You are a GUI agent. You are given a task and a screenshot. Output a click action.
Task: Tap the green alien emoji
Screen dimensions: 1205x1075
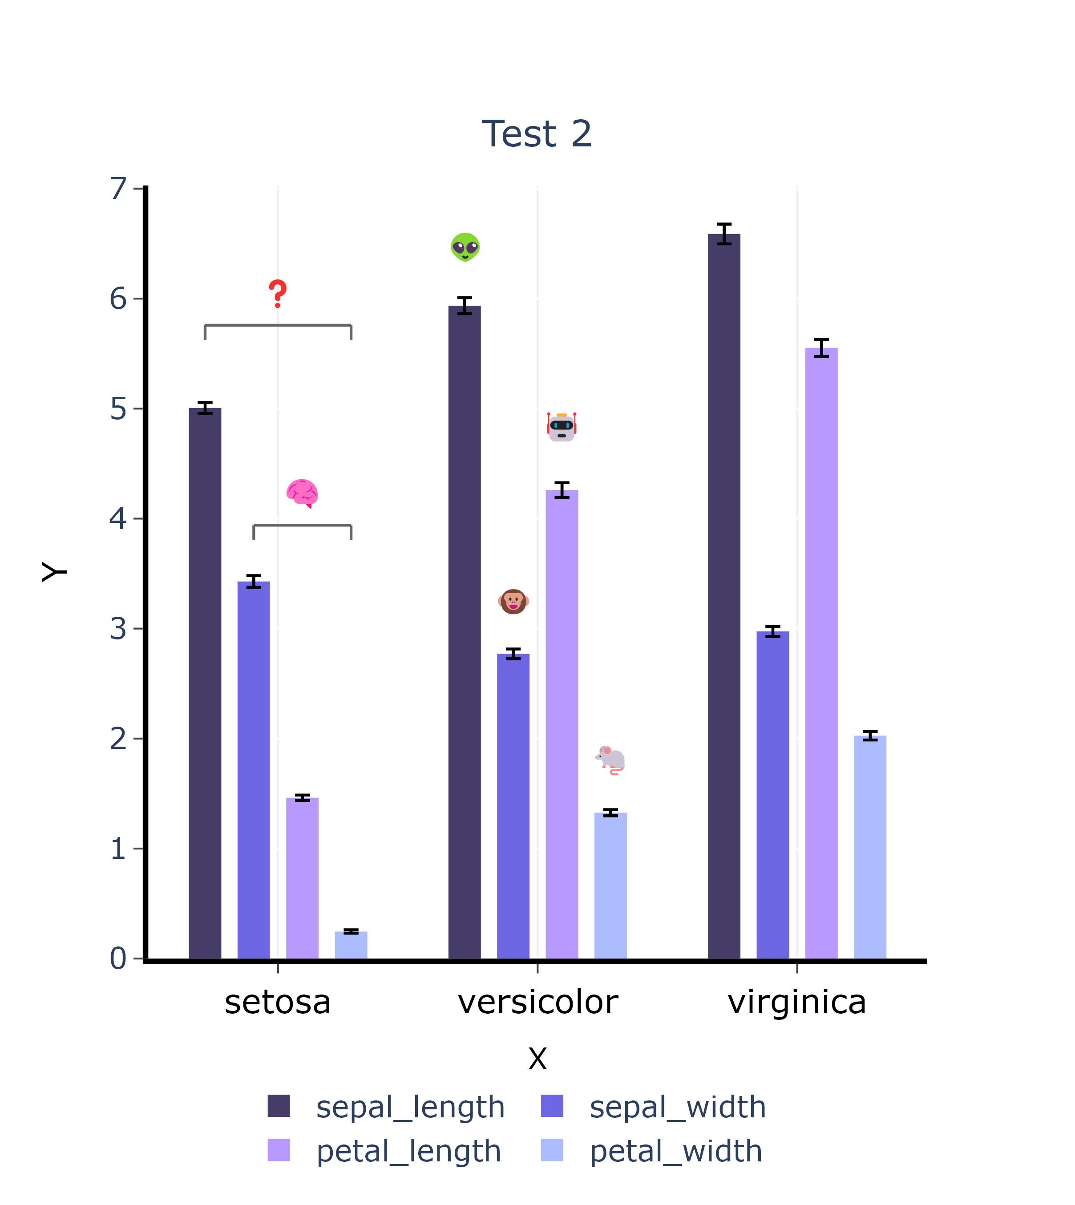pos(465,247)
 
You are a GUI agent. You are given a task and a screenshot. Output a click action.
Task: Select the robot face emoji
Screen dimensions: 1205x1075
pos(561,427)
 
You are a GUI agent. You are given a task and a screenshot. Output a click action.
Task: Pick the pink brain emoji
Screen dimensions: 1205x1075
pos(303,493)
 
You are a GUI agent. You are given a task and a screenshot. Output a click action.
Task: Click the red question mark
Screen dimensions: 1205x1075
pos(278,294)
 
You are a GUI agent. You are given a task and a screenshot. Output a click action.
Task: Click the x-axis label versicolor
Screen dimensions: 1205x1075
pos(537,1003)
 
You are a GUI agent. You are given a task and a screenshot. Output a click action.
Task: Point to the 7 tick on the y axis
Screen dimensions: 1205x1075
pos(119,189)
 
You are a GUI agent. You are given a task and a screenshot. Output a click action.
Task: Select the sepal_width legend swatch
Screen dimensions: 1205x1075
pos(552,1106)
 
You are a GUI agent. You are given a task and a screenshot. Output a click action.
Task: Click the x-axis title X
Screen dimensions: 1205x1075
pos(537,1059)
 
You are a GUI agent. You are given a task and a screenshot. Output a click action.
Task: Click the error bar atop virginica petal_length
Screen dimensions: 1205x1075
pos(821,348)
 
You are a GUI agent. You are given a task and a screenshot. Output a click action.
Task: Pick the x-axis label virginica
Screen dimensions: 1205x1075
pos(797,1003)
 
